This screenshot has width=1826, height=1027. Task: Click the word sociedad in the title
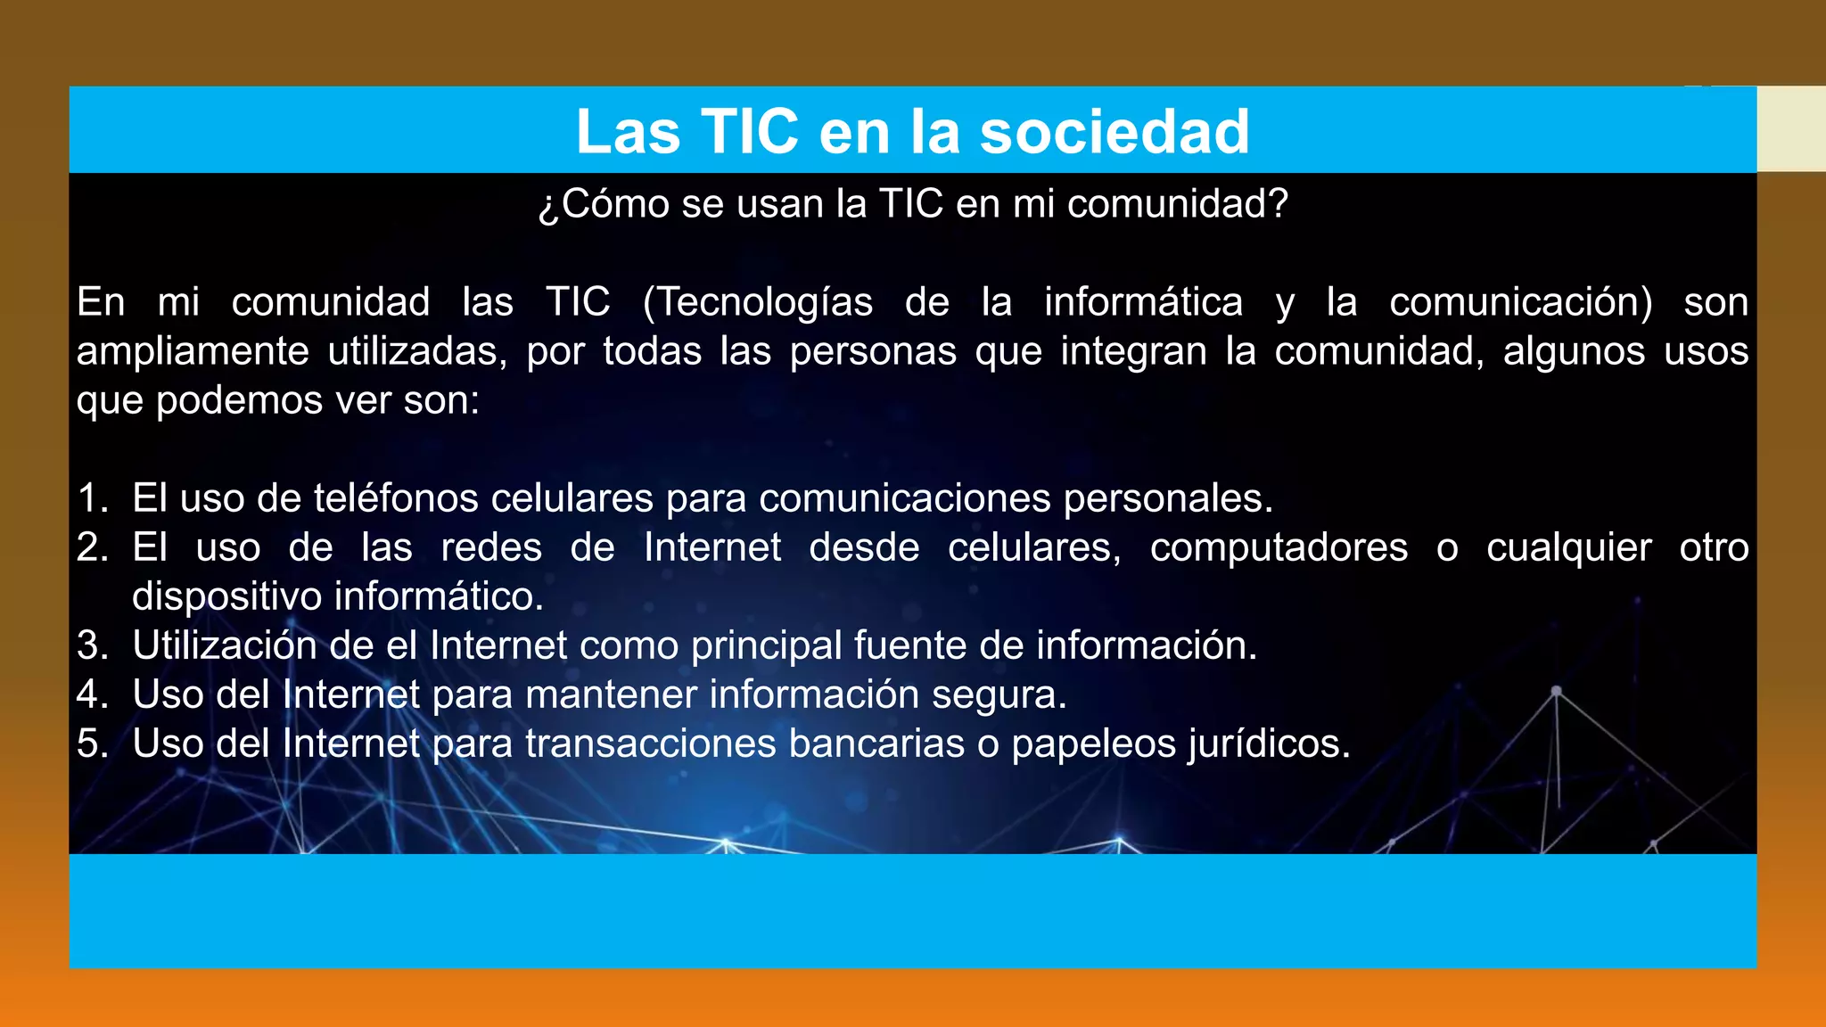pyautogui.click(x=1115, y=132)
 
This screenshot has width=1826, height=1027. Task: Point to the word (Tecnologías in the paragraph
pyautogui.click(x=758, y=302)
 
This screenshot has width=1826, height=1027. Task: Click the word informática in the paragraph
pyautogui.click(x=1143, y=302)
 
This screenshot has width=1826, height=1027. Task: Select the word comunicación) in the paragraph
pyautogui.click(x=1520, y=302)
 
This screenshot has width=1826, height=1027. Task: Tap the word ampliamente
pyautogui.click(x=193, y=351)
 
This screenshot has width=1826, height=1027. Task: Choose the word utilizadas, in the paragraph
pyautogui.click(x=417, y=351)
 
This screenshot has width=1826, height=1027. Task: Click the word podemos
pyautogui.click(x=240, y=401)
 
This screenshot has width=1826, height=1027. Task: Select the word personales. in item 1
pyautogui.click(x=1168, y=498)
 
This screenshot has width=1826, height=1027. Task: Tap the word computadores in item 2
pyautogui.click(x=1279, y=547)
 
